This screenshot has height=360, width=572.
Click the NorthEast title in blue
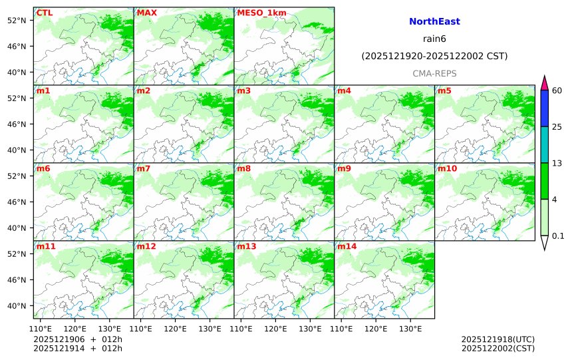434,22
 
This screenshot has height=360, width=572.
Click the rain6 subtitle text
434,39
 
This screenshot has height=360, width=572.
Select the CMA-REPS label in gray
434,73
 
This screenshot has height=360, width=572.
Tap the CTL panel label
45,13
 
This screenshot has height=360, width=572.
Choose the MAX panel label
147,13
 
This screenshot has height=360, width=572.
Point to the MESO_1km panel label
261,13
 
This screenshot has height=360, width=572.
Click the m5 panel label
444,90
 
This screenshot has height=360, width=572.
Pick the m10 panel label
447,168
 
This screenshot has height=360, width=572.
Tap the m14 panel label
347,246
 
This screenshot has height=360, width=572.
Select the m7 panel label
144,168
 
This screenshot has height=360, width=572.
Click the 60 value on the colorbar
557,90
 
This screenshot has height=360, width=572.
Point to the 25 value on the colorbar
557,127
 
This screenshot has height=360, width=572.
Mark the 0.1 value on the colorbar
558,236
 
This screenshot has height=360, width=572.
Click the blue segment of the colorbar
544,108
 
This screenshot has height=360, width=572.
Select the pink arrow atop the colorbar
544,83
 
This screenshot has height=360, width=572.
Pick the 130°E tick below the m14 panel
410,329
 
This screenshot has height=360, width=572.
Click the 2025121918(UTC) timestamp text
498,339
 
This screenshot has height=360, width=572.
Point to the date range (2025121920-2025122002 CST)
434,57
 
